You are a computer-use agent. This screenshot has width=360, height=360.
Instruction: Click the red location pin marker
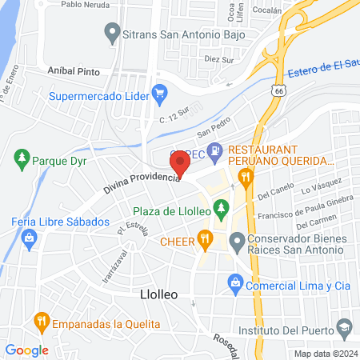tap(180, 162)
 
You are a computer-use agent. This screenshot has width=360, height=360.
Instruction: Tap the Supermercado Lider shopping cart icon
tap(159, 94)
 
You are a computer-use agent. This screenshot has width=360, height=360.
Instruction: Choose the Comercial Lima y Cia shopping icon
tap(235, 282)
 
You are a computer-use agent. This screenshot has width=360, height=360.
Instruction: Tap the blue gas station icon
tap(214, 150)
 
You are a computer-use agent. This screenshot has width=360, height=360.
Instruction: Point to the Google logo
tap(27, 350)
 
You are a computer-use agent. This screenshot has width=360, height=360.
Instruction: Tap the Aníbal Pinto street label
tap(74, 71)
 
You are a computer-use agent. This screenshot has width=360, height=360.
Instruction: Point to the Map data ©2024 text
tap(325, 354)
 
